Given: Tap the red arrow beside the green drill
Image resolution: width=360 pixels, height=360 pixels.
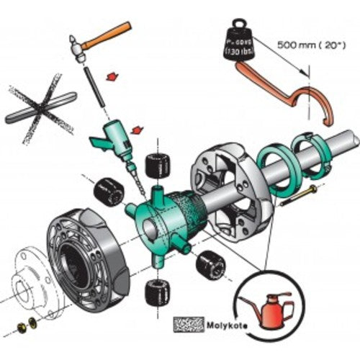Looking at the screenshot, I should (138, 130).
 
